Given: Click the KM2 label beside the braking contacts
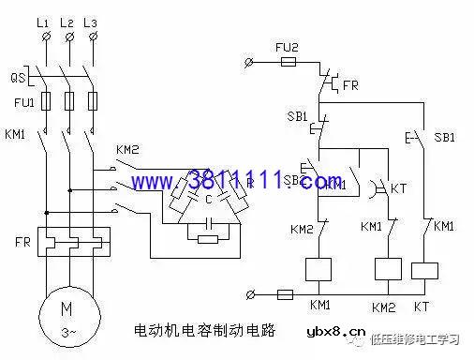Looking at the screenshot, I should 127,150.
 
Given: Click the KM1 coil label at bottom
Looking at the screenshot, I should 320,306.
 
